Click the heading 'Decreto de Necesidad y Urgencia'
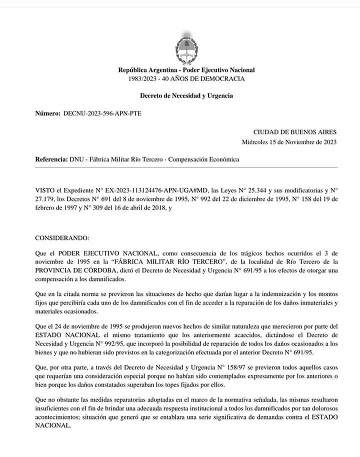click(186, 95)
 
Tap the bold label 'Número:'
click(48, 113)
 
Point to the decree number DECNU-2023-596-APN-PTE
click(102, 113)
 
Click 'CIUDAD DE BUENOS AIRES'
click(294, 132)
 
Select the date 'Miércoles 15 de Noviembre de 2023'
click(289, 141)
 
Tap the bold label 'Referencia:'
click(51, 159)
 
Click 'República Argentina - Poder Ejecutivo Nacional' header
click(186, 70)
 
